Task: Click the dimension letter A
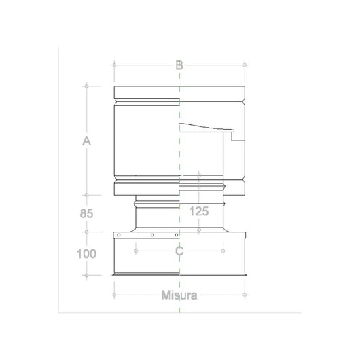tap(86, 141)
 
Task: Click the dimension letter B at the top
tap(179, 65)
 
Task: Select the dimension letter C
tap(179, 251)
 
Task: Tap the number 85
tap(86, 213)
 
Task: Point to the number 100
tap(86, 254)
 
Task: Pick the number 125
tap(199, 211)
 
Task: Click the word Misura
tap(179, 295)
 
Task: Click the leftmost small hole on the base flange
tap(118, 235)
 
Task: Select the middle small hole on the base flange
tap(153, 235)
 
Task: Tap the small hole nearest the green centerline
tap(175, 235)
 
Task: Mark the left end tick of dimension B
tap(114, 65)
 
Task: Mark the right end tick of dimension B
tap(245, 65)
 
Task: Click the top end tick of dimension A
tap(86, 86)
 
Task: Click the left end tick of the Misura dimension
tap(114, 295)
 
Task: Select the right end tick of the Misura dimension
tap(245, 295)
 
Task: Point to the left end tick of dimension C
tap(136, 251)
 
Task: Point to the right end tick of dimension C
tap(223, 251)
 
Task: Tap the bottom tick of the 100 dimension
tap(86, 275)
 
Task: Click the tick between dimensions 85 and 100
tap(86, 232)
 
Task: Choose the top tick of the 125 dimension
tap(199, 175)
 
